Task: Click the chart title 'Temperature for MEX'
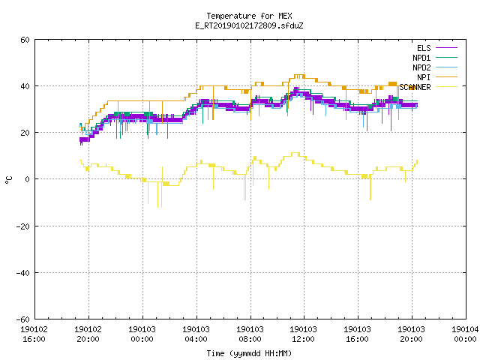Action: tap(249, 16)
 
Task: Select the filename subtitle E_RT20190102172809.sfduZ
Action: tap(249, 25)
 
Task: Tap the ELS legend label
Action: tap(424, 48)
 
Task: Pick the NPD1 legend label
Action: tap(421, 58)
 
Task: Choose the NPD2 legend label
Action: tap(421, 67)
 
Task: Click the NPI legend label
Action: tap(424, 77)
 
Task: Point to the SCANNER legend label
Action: tap(415, 87)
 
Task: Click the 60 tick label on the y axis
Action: tap(25, 40)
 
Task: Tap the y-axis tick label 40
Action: tap(25, 86)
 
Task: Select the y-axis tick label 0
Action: tap(27, 179)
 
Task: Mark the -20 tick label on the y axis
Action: tap(22, 226)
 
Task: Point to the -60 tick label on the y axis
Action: tap(22, 319)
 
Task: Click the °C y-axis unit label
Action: tap(8, 180)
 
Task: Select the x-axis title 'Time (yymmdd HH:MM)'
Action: tap(249, 353)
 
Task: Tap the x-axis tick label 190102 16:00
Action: tap(34, 334)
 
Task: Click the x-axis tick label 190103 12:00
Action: tap(303, 334)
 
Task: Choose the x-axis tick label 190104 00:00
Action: tap(465, 334)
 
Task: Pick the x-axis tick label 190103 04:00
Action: tap(196, 334)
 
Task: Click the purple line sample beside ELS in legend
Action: tap(446, 48)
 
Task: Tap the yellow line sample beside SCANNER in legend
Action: tap(446, 87)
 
